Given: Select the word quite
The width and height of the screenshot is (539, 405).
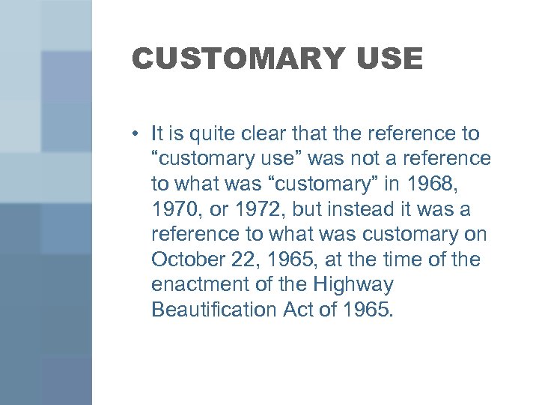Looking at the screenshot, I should [x=204, y=134].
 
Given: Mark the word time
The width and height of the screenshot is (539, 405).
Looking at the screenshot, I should [x=403, y=259].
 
